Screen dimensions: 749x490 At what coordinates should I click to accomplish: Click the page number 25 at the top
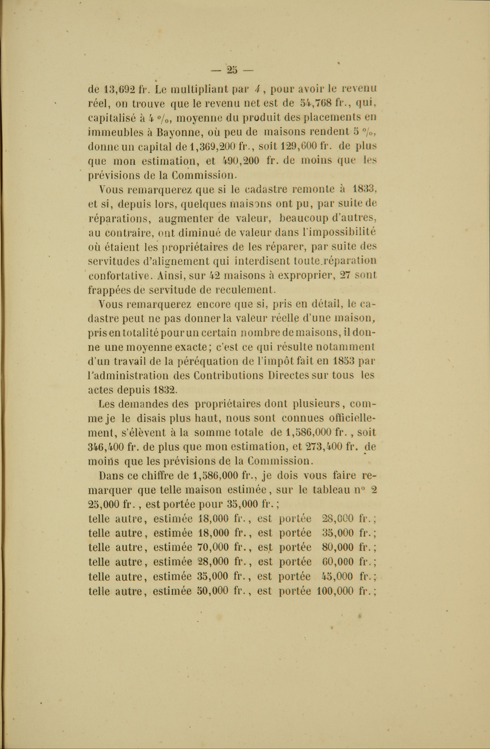[x=232, y=70]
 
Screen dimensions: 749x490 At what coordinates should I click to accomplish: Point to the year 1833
[x=363, y=188]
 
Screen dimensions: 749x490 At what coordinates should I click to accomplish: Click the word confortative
[x=119, y=276]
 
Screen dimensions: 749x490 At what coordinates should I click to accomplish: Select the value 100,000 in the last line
[x=335, y=591]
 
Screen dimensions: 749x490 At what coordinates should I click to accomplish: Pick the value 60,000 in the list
[x=338, y=562]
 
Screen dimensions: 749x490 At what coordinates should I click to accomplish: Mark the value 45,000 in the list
[x=338, y=577]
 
